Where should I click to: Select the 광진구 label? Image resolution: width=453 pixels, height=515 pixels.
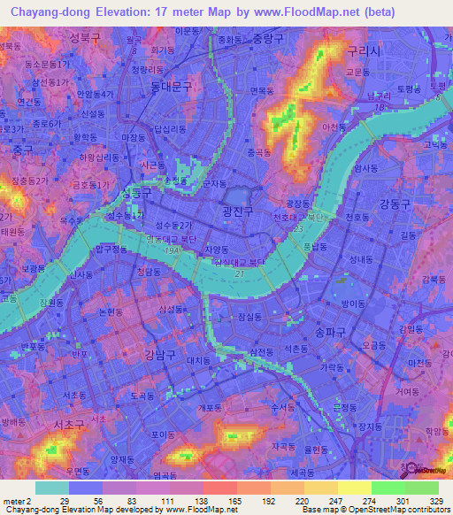(237, 211)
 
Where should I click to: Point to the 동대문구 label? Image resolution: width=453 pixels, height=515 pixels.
(171, 86)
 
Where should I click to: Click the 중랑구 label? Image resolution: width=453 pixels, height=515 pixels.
(270, 39)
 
